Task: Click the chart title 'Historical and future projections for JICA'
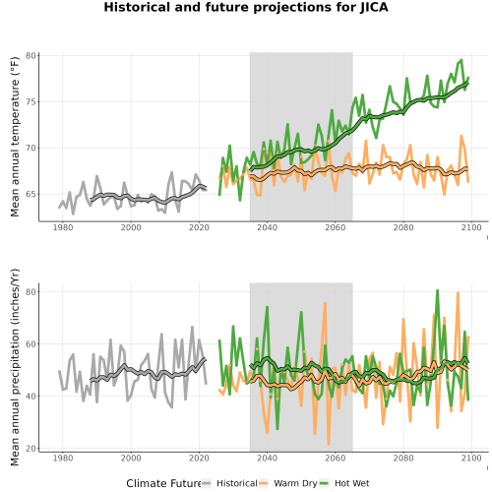tap(246, 7)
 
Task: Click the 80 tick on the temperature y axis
tap(31, 56)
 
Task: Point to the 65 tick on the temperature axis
tap(31, 194)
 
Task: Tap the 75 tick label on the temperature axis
tap(31, 102)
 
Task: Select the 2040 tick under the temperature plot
tap(267, 227)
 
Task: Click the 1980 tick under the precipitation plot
tap(63, 458)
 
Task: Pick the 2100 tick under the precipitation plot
tap(471, 458)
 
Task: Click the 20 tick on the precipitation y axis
tap(31, 449)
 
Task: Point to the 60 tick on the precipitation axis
tap(31, 344)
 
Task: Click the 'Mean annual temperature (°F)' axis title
tap(15, 137)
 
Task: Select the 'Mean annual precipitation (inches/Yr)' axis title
tap(15, 367)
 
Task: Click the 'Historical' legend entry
tap(237, 483)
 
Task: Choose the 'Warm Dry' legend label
tap(295, 483)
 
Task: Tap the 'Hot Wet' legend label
tap(351, 483)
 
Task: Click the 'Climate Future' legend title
tap(163, 483)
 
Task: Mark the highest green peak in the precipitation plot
tap(437, 290)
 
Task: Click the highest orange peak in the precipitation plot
tap(458, 292)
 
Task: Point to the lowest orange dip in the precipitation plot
tap(329, 445)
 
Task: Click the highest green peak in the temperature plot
tap(461, 60)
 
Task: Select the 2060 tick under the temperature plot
tap(336, 227)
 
